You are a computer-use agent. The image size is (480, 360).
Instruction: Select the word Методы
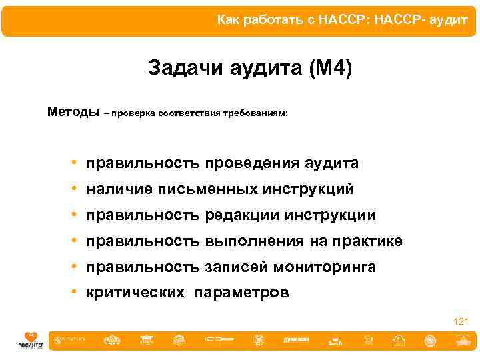click(x=73, y=111)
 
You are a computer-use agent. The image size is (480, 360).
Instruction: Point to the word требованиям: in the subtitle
click(x=257, y=113)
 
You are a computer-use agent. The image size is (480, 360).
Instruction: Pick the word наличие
click(x=119, y=189)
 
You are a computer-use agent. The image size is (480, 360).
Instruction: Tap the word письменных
click(x=207, y=189)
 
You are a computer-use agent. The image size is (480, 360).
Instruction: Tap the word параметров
click(x=242, y=293)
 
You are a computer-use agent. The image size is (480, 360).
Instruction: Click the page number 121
click(x=461, y=322)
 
